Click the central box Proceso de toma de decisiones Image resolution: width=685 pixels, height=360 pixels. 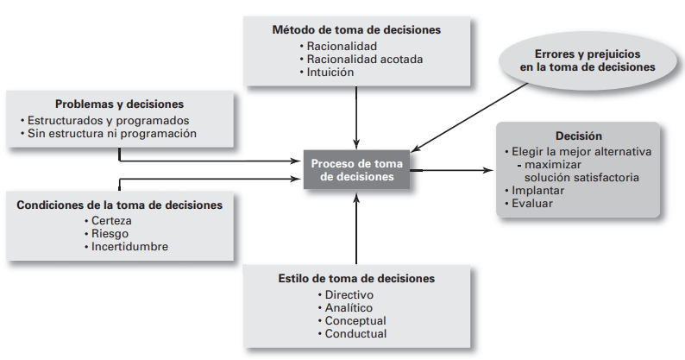click(x=356, y=168)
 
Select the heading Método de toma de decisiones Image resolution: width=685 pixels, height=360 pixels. click(x=355, y=29)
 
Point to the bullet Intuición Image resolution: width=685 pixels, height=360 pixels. click(x=333, y=73)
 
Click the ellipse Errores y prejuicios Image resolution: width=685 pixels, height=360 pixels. click(x=587, y=59)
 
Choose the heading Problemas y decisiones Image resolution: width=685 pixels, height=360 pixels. click(x=119, y=104)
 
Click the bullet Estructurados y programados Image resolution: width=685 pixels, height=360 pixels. click(x=106, y=120)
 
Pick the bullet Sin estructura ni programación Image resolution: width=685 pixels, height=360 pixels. click(x=111, y=134)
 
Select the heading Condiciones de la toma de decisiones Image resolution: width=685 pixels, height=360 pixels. click(x=119, y=205)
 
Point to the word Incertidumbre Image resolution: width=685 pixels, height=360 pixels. click(x=129, y=246)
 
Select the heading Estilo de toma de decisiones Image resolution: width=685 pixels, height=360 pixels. click(x=356, y=278)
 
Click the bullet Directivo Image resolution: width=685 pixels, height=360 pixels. click(x=349, y=294)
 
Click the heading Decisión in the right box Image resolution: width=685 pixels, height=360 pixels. click(x=578, y=136)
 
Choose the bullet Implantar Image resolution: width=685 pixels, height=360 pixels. click(x=538, y=191)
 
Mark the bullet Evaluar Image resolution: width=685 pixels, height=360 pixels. click(x=531, y=204)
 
